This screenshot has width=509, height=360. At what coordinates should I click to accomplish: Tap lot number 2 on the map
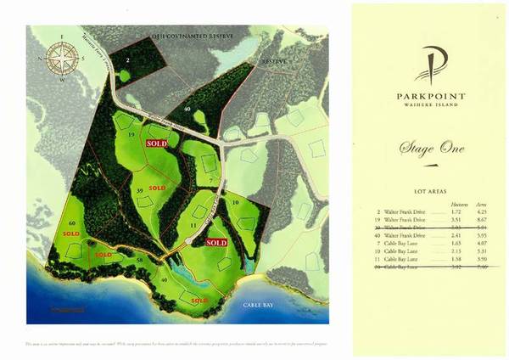point(128,60)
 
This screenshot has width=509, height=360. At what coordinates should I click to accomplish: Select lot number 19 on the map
point(131,134)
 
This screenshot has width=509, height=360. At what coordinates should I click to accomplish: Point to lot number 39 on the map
point(139,192)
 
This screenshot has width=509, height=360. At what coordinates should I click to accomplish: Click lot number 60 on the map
point(73,222)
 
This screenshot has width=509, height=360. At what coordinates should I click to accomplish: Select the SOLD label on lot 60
point(71,233)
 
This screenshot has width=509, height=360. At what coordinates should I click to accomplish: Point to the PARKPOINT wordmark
point(430,96)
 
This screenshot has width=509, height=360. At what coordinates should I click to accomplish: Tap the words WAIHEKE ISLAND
point(430,105)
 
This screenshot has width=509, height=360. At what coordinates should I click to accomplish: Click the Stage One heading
point(432,149)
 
